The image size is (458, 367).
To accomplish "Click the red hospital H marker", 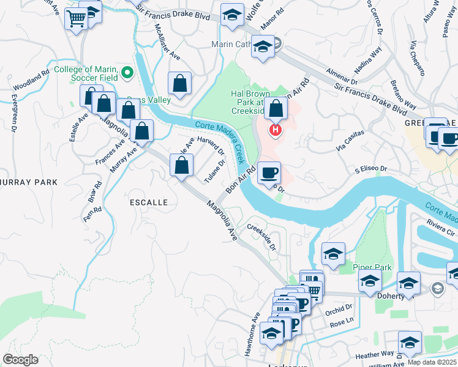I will point(276,130).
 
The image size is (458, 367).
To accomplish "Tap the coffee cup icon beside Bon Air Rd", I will point(269,173).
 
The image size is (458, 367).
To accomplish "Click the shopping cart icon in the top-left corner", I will point(76,20).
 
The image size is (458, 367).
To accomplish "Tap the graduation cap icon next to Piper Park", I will point(333,254).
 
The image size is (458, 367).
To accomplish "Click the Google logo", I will point(20,360).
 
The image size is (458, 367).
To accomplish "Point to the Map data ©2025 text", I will point(432,361).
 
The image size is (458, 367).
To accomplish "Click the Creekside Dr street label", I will point(262,237).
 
